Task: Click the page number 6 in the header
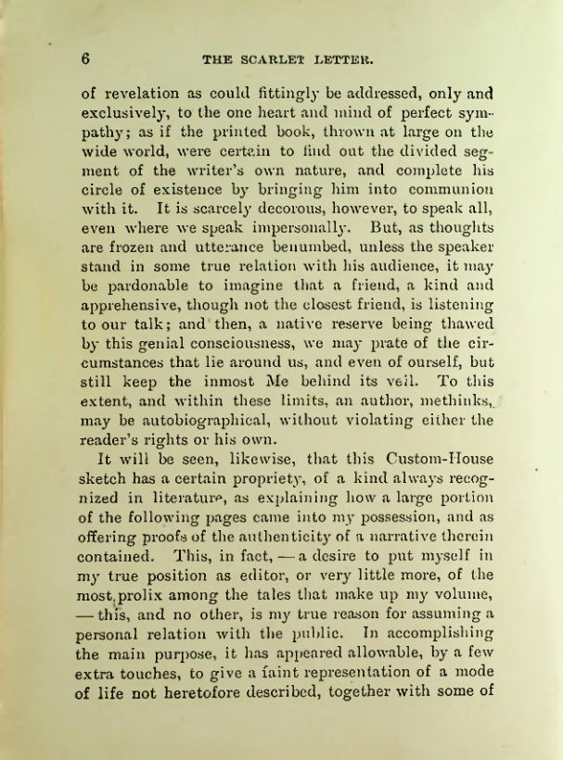coord(84,57)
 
